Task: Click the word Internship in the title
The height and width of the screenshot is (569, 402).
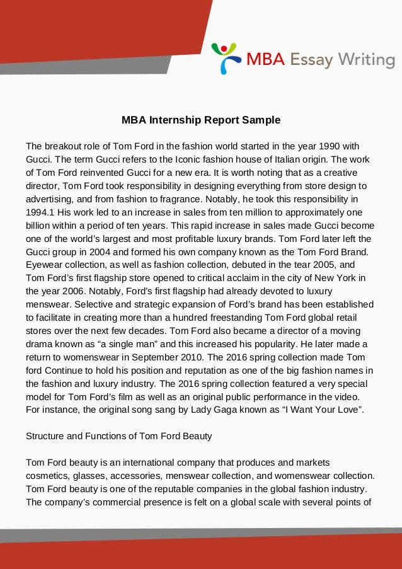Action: click(175, 119)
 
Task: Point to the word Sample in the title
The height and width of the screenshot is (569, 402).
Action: click(260, 119)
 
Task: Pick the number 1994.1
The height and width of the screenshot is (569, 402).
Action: click(40, 212)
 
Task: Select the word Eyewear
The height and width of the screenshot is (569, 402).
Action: click(45, 265)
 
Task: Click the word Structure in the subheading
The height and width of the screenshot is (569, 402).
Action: click(45, 436)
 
